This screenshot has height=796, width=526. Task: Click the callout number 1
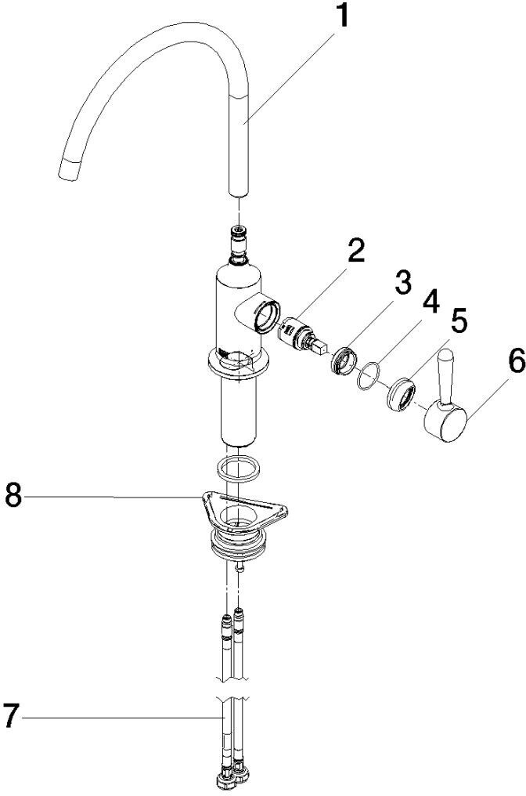pyautogui.click(x=344, y=16)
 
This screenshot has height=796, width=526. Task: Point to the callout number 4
pyautogui.click(x=431, y=302)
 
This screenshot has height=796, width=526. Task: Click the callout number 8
pyautogui.click(x=13, y=495)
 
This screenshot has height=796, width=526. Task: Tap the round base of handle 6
pyautogui.click(x=445, y=420)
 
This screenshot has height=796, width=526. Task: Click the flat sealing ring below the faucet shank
pyautogui.click(x=238, y=467)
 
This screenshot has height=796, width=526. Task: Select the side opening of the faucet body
pyautogui.click(x=267, y=317)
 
